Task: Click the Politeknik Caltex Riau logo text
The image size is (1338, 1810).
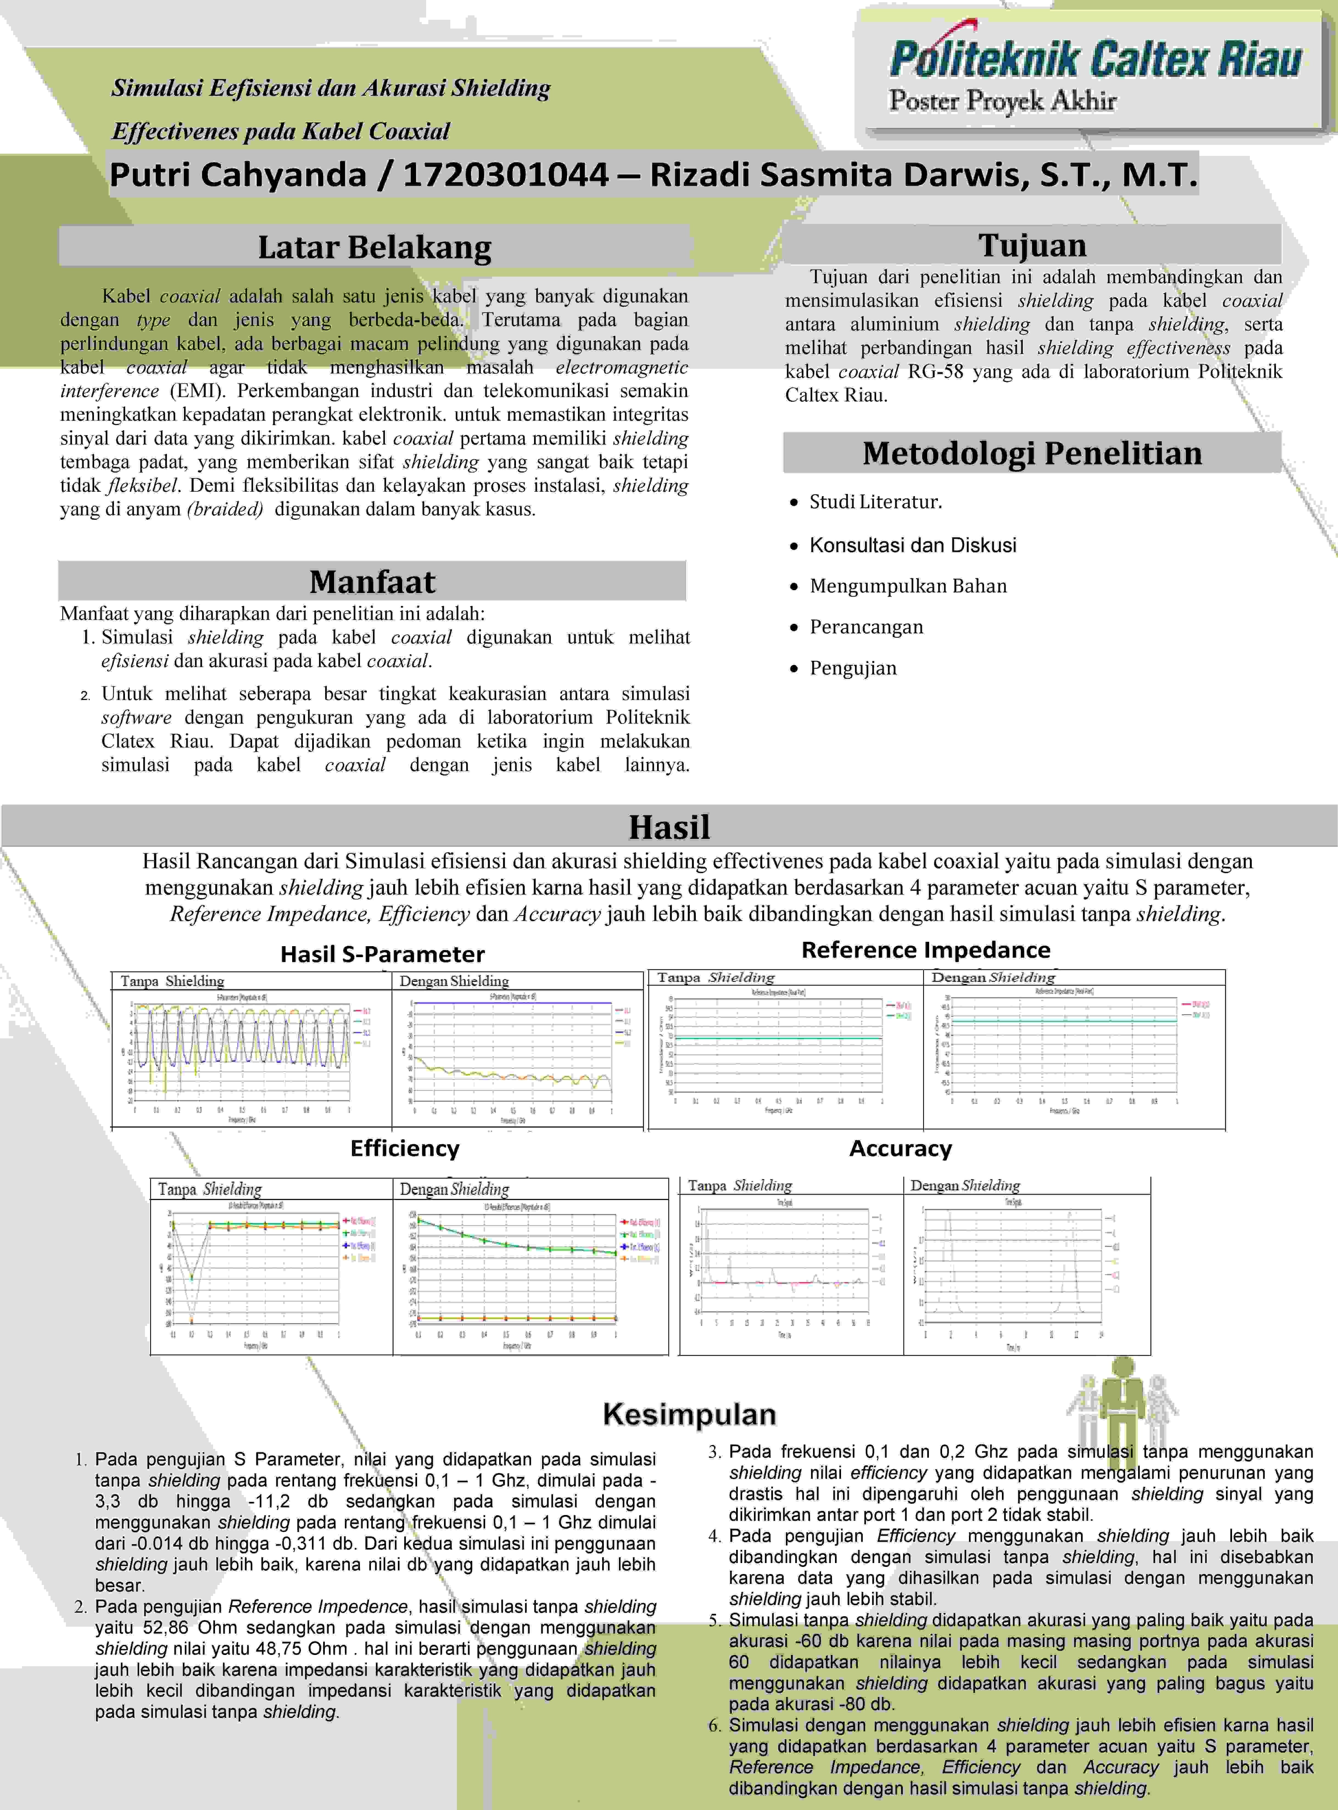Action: click(1095, 58)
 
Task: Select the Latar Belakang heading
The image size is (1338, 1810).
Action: click(374, 247)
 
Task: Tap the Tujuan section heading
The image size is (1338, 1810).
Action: click(1032, 244)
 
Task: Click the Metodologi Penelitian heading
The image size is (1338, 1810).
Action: click(1032, 453)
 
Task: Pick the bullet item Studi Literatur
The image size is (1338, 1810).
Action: click(876, 502)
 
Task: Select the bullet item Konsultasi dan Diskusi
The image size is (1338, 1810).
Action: click(913, 545)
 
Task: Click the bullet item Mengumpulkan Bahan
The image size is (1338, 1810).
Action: click(908, 586)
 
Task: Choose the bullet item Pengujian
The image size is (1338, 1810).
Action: click(853, 668)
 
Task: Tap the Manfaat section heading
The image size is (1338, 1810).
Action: click(373, 581)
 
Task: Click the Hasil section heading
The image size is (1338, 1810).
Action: click(669, 827)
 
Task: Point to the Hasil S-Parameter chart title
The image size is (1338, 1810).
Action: click(382, 954)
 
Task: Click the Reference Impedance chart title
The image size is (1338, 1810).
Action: click(926, 949)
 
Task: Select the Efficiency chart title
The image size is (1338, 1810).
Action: click(404, 1148)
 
